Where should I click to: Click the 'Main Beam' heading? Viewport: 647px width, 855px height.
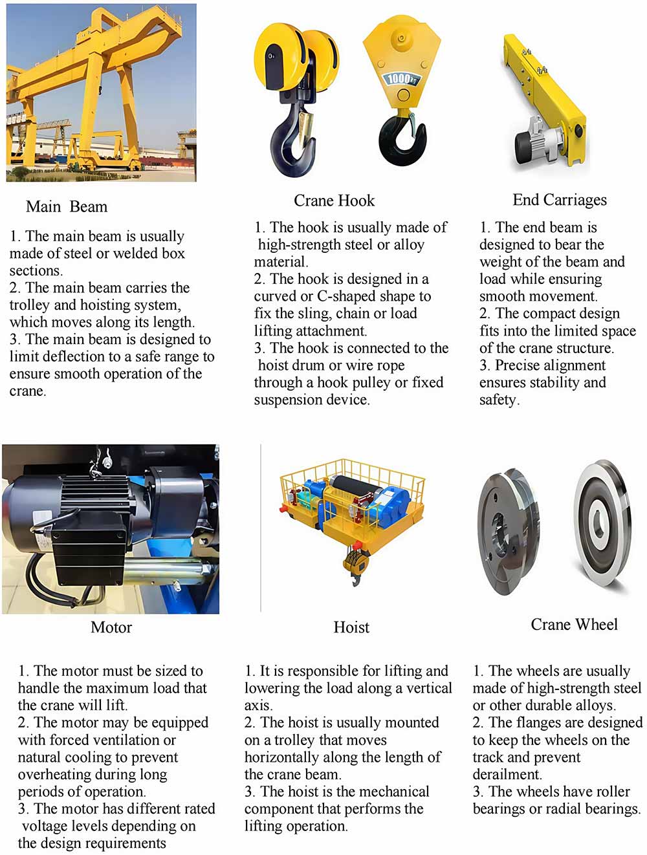(x=67, y=207)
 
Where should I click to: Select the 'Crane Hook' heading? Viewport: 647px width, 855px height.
(x=334, y=200)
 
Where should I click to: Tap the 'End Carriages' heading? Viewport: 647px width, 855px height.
(x=560, y=200)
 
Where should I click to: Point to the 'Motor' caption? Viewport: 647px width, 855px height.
(x=111, y=627)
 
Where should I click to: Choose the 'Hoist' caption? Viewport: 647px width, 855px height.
(x=351, y=627)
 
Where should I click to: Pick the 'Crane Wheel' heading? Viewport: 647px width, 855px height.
(x=574, y=624)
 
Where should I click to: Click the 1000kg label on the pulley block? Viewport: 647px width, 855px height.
(x=401, y=79)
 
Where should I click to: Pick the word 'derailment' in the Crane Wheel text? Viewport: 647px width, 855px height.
(x=507, y=774)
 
